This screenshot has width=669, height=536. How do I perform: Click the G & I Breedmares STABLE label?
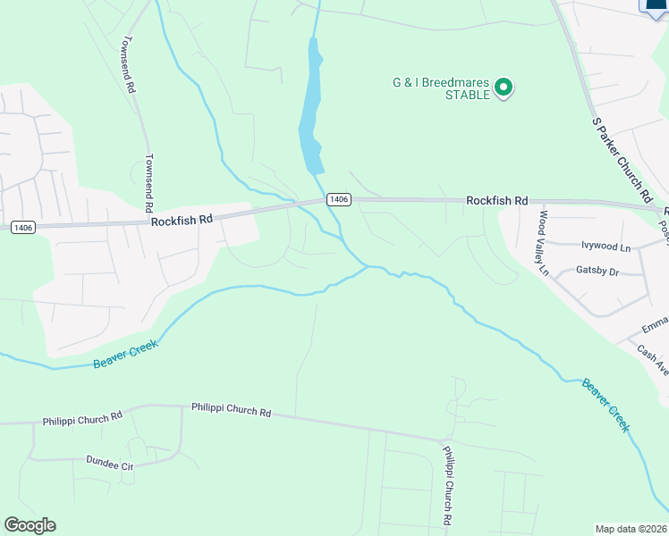tap(441, 88)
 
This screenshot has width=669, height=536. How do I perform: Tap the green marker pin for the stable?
tap(503, 88)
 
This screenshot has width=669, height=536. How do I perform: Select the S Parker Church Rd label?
tap(620, 157)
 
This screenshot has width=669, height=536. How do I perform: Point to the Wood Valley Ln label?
tap(542, 242)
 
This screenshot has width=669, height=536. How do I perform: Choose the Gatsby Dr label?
tap(597, 271)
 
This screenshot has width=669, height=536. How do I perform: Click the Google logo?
tap(30, 525)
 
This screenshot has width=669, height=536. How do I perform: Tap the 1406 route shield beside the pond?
tap(337, 198)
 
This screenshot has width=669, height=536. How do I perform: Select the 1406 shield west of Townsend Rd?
tap(23, 228)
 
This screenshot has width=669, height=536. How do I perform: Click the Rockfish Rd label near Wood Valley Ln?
tap(496, 201)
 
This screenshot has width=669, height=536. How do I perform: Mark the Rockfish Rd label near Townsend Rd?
tap(182, 219)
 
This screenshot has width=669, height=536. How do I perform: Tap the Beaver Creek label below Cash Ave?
tap(605, 406)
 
